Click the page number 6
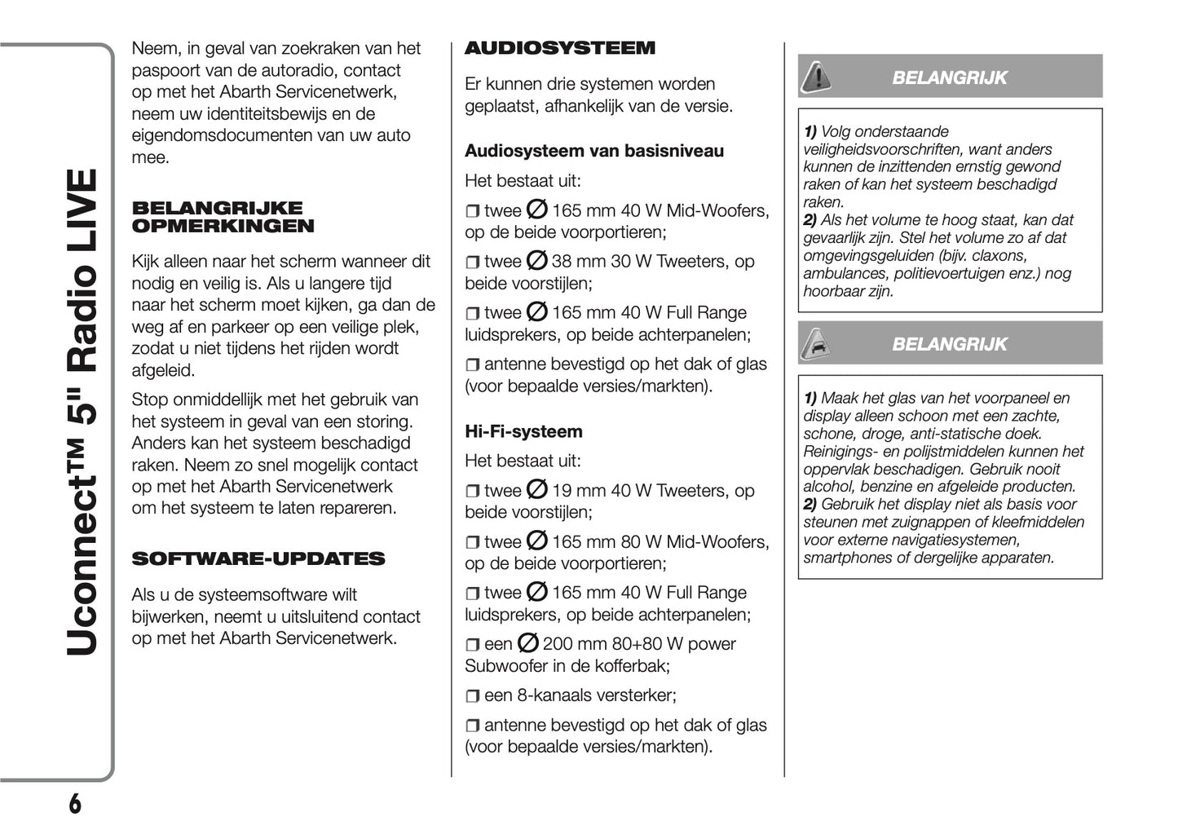point(74,804)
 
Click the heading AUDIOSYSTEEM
point(559,48)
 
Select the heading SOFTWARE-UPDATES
point(258,559)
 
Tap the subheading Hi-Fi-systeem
point(523,431)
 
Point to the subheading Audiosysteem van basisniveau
point(593,151)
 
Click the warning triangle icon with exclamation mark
point(816,77)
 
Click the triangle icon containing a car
point(816,344)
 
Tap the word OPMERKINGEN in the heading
point(223,227)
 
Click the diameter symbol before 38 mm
point(536,261)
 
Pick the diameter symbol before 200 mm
point(527,643)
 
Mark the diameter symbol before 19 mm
point(536,490)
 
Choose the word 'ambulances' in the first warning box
point(844,273)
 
